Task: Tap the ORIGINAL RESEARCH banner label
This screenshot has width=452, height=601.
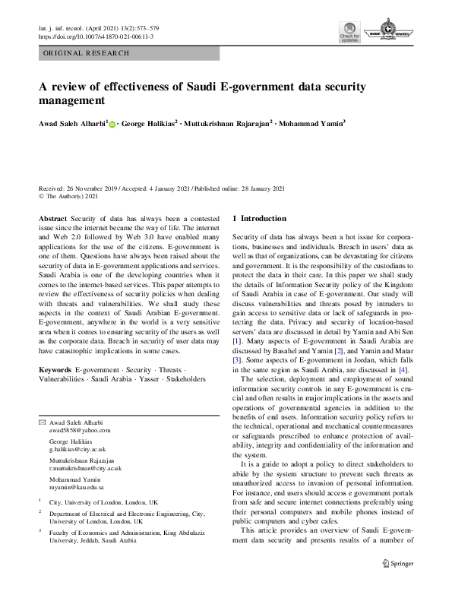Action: tap(84, 53)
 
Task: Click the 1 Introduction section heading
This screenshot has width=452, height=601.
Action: tap(259, 218)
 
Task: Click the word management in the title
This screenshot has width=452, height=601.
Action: tap(71, 100)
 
